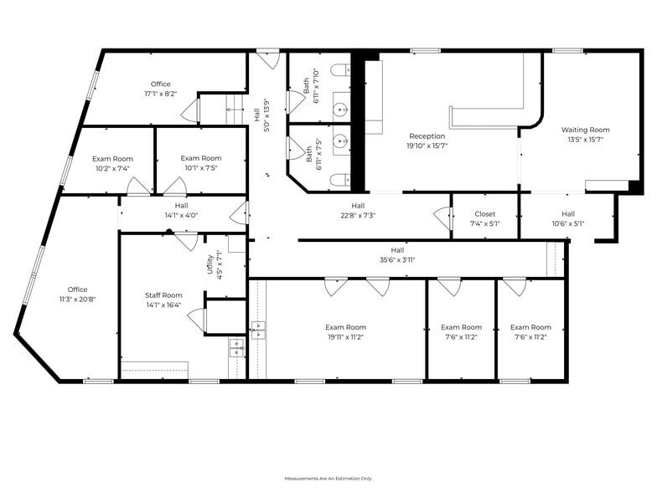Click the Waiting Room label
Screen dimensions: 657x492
(x=585, y=130)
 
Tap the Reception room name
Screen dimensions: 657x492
(x=427, y=136)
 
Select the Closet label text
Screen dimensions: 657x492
(x=484, y=214)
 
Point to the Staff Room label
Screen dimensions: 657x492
(x=163, y=295)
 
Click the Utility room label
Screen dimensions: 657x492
(x=210, y=264)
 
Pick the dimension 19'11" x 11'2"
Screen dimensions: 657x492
(x=345, y=337)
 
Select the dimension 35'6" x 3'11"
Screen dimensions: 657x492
(x=397, y=259)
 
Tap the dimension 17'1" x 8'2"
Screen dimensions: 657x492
(x=161, y=94)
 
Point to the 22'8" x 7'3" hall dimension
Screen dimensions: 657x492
(x=358, y=216)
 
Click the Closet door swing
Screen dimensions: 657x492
(x=442, y=218)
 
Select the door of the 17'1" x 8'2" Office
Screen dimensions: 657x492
(x=191, y=110)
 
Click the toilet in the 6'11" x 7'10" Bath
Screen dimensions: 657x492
(x=340, y=70)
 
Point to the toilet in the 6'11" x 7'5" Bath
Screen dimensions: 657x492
(x=340, y=181)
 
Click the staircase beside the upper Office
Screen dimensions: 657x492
(x=235, y=109)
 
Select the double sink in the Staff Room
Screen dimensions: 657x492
(x=237, y=348)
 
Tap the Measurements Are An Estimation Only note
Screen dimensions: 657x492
(x=328, y=479)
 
